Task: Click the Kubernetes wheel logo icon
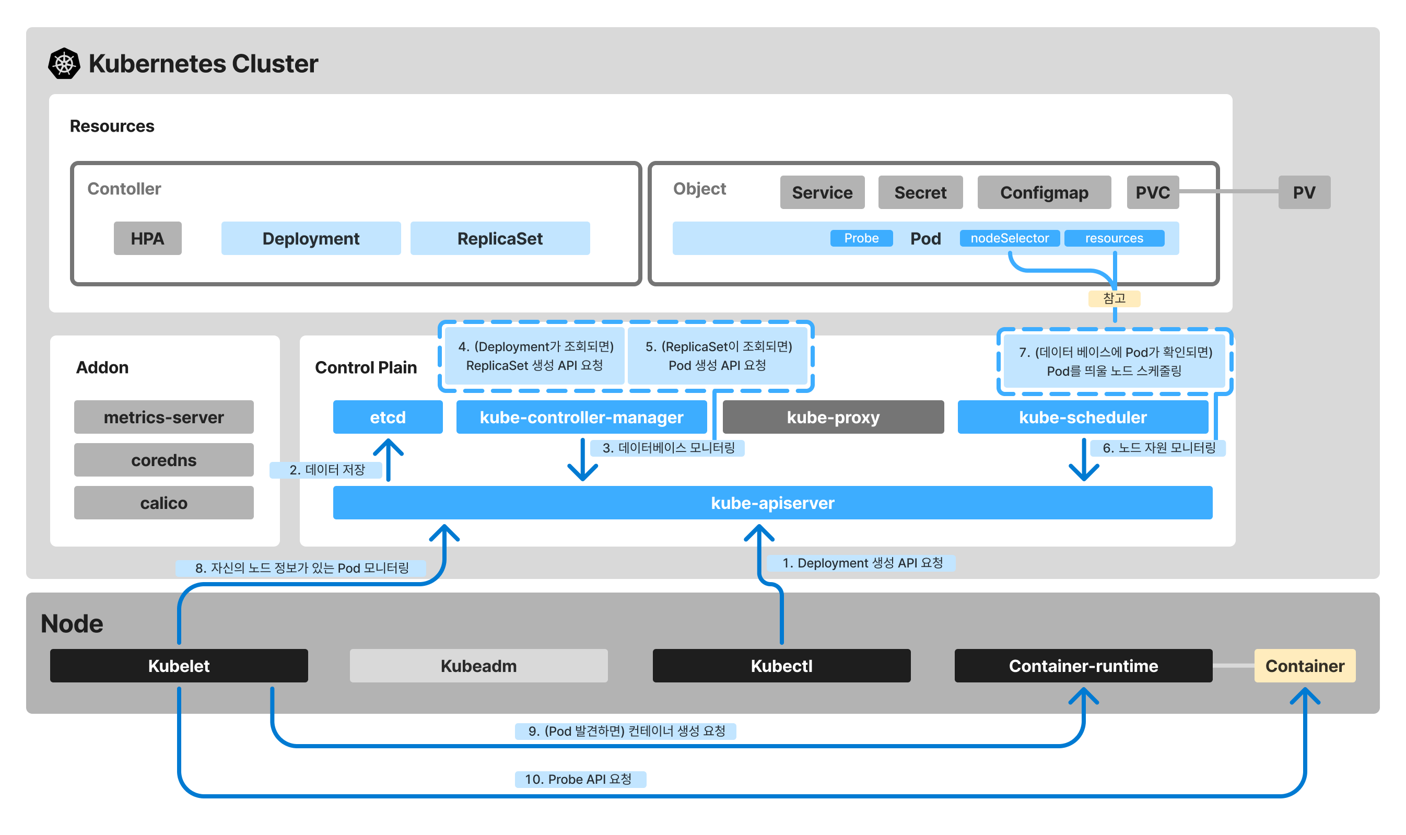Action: (64, 63)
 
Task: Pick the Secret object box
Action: (920, 192)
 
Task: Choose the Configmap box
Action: (1044, 192)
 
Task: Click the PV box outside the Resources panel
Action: (1304, 192)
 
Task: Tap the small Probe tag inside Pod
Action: (861, 238)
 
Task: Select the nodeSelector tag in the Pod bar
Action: (1009, 238)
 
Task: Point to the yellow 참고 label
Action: (1114, 298)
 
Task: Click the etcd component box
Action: (388, 417)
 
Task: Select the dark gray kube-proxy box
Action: (833, 417)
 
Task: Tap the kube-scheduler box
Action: (1083, 417)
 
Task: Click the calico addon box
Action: (163, 503)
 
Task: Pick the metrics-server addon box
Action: (163, 417)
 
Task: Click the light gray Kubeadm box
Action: (478, 666)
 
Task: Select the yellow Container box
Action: (1304, 666)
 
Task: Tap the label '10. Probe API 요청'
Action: (580, 779)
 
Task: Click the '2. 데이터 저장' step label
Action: (326, 470)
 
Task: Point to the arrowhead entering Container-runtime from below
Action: (1083, 695)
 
